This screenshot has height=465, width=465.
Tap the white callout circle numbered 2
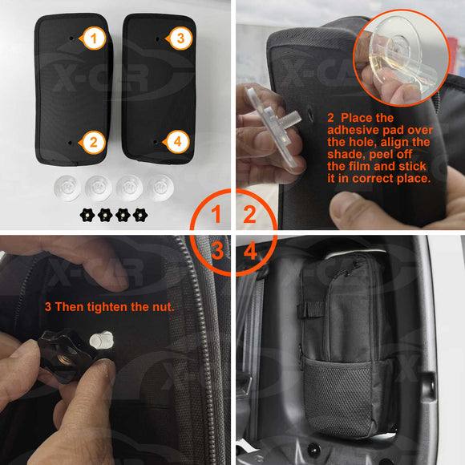click(95, 143)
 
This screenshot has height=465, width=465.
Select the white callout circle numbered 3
click(180, 38)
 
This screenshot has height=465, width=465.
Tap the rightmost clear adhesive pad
click(155, 188)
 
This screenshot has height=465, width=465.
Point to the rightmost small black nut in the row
click(141, 215)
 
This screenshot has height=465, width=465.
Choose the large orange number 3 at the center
click(216, 251)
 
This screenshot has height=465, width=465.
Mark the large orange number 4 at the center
click(249, 251)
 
